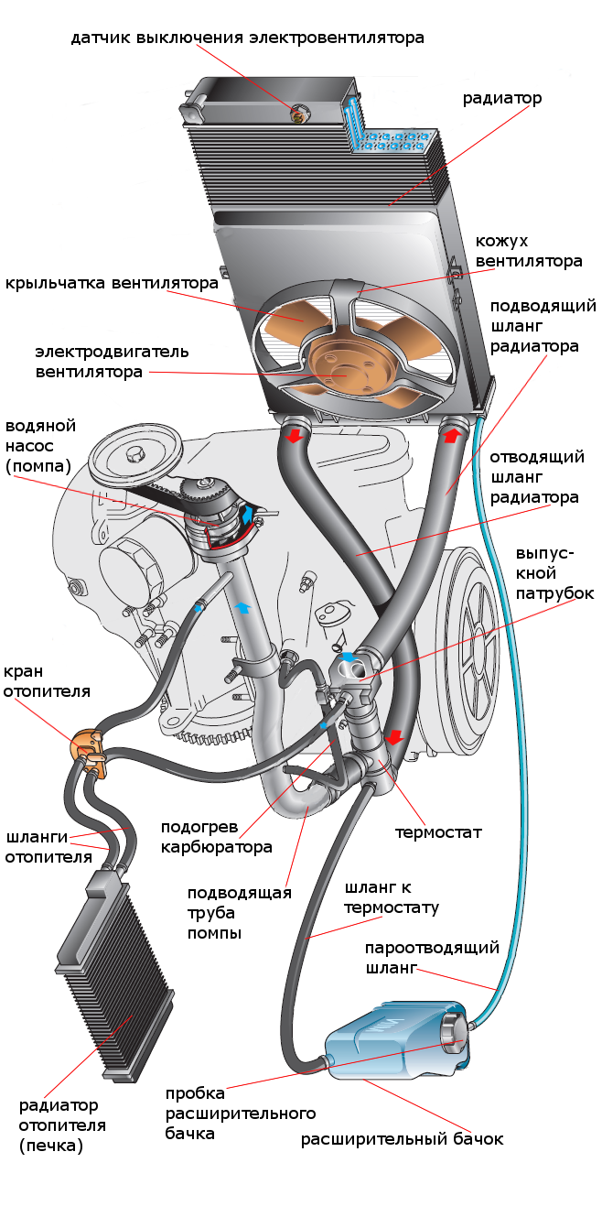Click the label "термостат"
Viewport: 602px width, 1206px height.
438,832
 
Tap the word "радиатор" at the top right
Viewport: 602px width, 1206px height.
502,98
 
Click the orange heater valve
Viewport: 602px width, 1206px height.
89,751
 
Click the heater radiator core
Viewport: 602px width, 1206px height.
115,974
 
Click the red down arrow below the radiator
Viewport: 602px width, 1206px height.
295,435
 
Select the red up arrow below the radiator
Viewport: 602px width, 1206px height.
452,434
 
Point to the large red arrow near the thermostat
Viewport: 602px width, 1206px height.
394,735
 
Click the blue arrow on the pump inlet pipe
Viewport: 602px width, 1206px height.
243,607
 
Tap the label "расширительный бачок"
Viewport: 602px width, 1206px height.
402,1139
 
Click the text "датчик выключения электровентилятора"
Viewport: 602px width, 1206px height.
247,38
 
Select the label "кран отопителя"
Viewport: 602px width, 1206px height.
47,681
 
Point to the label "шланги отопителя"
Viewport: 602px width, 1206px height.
48,847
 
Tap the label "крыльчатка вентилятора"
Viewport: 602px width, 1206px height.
112,283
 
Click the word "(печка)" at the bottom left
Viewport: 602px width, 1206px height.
51,1146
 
